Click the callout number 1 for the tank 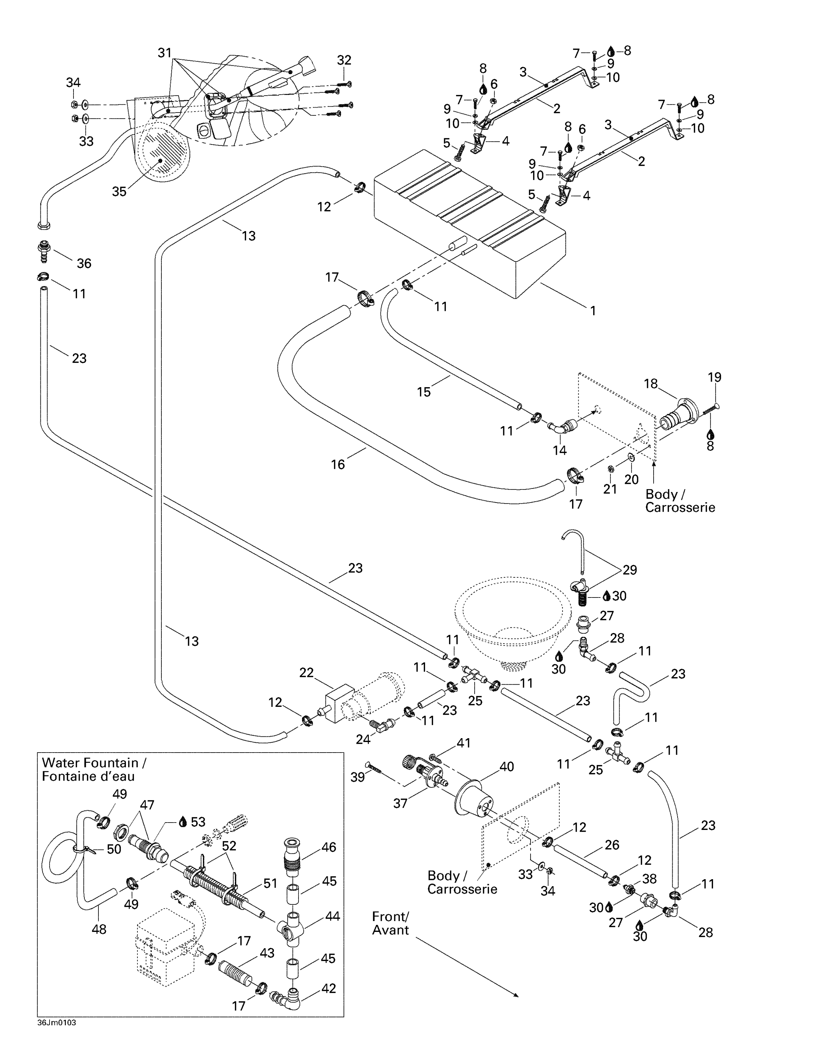point(593,311)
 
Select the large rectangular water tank point(468,222)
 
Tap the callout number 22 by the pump point(306,672)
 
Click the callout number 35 point(119,191)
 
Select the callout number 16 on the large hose point(338,464)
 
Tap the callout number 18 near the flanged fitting point(650,384)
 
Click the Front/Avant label point(390,923)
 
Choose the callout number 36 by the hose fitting point(84,263)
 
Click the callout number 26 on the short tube point(612,845)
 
